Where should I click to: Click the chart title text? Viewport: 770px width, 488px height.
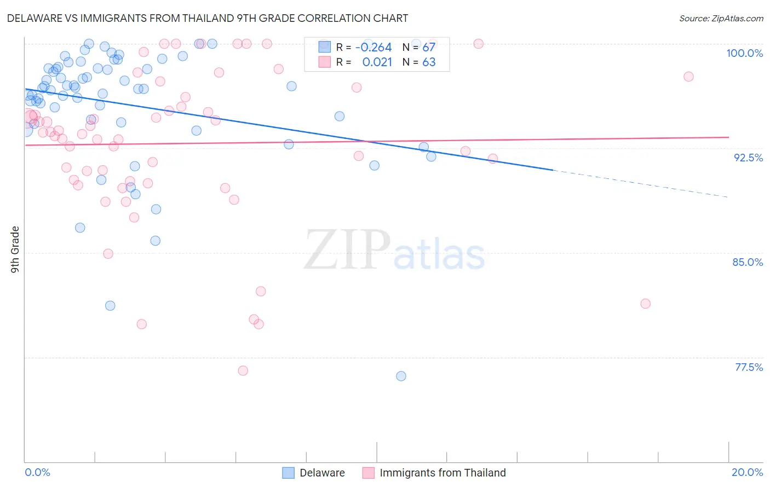pyautogui.click(x=208, y=18)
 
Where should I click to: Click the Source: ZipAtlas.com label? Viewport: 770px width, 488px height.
pyautogui.click(x=721, y=18)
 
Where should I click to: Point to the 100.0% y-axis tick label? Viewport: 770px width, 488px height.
pyautogui.click(x=744, y=53)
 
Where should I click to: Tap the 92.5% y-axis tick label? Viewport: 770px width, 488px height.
pyautogui.click(x=748, y=158)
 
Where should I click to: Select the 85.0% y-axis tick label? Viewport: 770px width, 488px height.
pyautogui.click(x=748, y=262)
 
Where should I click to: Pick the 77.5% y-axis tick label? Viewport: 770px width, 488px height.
pyautogui.click(x=749, y=367)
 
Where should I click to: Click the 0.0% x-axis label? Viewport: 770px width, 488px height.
pyautogui.click(x=37, y=472)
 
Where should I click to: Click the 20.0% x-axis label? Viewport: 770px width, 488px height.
pyautogui.click(x=747, y=472)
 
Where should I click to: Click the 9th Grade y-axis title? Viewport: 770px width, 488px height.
pyautogui.click(x=15, y=249)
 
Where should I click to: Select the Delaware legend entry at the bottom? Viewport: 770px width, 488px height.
pyautogui.click(x=322, y=473)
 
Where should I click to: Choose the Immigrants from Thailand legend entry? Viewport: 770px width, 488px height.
pyautogui.click(x=443, y=473)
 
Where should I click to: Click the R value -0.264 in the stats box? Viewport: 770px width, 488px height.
pyautogui.click(x=373, y=47)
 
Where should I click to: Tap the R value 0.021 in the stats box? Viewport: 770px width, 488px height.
pyautogui.click(x=377, y=62)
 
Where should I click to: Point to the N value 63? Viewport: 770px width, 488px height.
pyautogui.click(x=429, y=62)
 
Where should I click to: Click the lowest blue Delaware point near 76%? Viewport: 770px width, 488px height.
pyautogui.click(x=401, y=376)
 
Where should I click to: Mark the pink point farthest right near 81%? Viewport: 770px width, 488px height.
pyautogui.click(x=645, y=304)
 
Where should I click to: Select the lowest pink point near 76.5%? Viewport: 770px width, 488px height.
pyautogui.click(x=243, y=370)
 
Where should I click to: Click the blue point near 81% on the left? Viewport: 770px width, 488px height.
pyautogui.click(x=110, y=306)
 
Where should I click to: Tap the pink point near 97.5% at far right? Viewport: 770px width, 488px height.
pyautogui.click(x=688, y=77)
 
